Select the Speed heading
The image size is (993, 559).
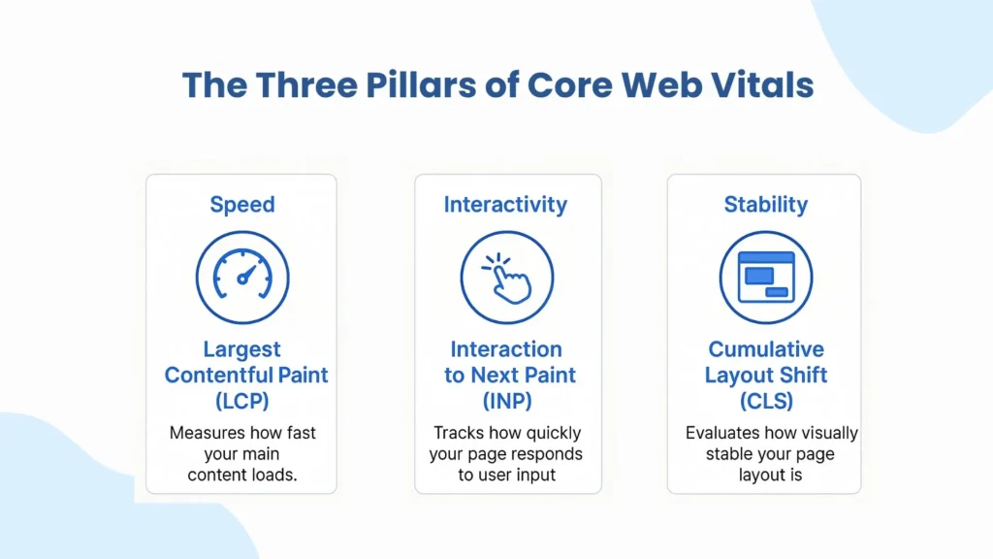point(241,205)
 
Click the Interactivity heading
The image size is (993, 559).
point(505,205)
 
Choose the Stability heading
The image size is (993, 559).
point(765,205)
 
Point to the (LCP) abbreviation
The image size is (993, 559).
point(241,400)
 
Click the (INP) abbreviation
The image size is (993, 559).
point(505,400)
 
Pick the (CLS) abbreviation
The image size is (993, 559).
point(765,400)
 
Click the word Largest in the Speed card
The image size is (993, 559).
point(241,349)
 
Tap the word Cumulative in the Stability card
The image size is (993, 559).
point(765,349)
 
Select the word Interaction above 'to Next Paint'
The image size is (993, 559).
point(505,349)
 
